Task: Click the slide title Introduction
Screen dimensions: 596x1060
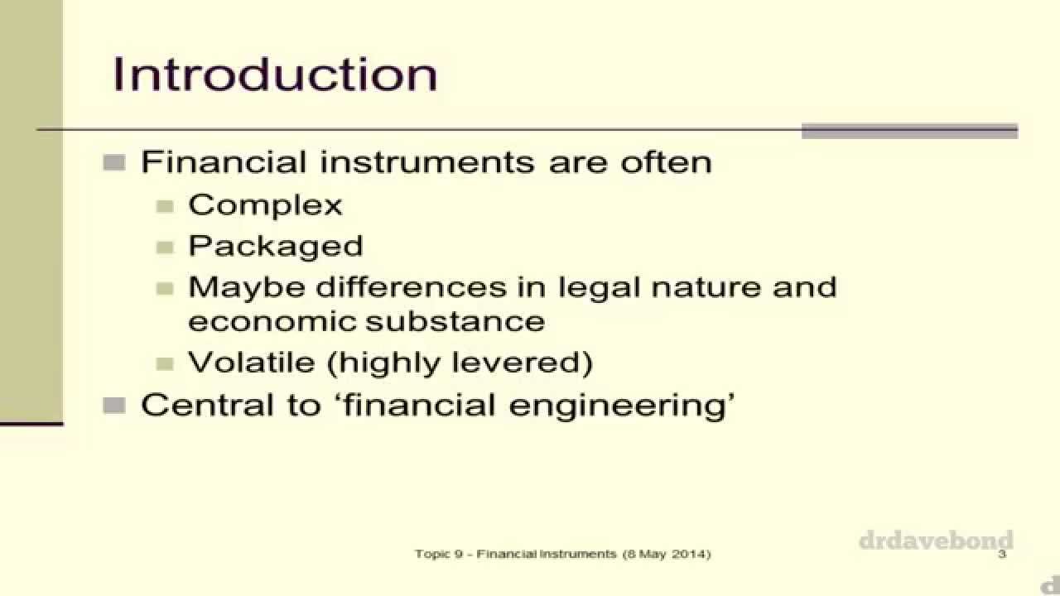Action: [x=275, y=74]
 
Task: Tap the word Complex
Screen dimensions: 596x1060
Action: [x=265, y=204]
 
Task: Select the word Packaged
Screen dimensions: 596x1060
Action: [x=275, y=246]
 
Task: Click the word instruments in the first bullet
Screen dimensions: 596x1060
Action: [x=431, y=161]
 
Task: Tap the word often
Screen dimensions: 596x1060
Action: [x=667, y=161]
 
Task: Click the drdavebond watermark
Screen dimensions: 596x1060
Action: [x=936, y=541]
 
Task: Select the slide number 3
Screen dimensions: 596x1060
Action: [x=1002, y=554]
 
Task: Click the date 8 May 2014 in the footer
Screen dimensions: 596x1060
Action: [x=666, y=554]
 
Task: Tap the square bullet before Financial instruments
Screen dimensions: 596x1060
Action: [x=114, y=161]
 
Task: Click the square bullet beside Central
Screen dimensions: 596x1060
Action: [x=114, y=406]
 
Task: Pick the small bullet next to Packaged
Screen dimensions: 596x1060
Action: [x=166, y=247]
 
